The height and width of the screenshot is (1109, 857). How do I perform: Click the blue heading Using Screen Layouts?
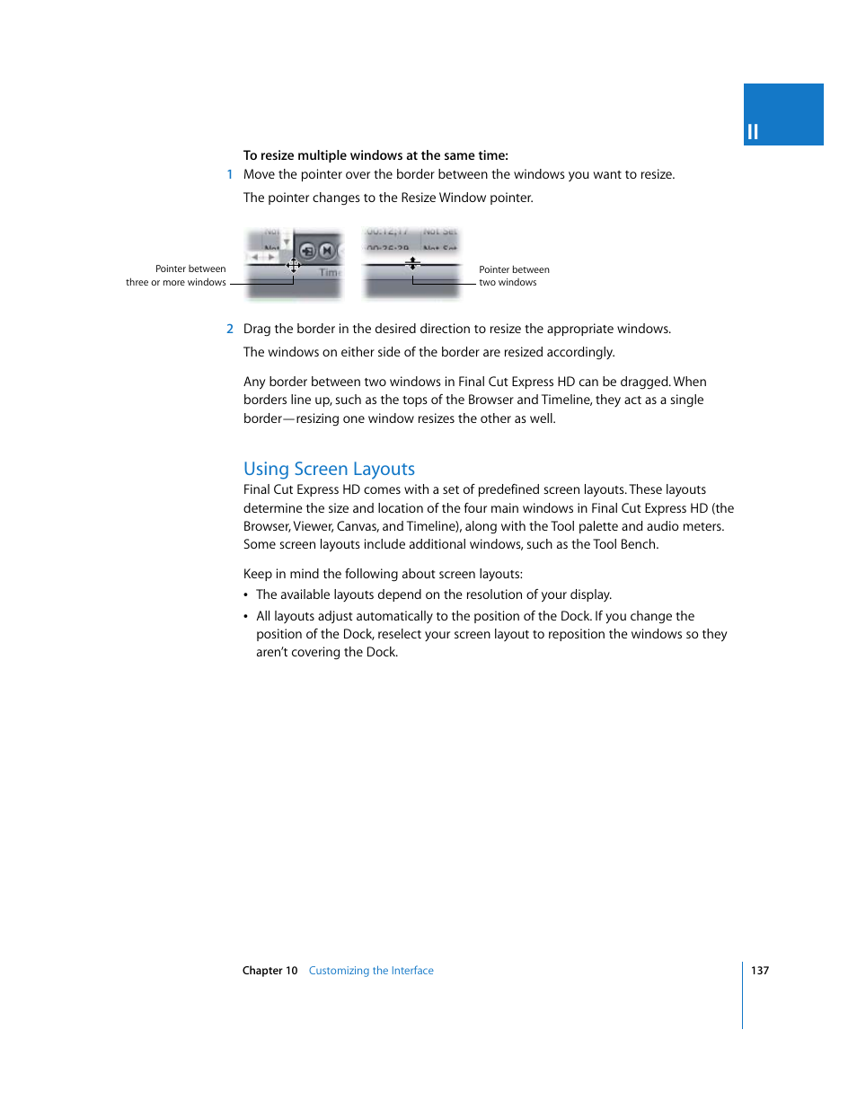329,469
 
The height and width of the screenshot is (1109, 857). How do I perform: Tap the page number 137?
759,971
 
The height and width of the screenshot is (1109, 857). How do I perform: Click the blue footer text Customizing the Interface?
370,971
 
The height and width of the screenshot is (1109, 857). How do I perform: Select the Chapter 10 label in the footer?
269,971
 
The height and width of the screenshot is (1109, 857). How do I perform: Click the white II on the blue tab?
753,132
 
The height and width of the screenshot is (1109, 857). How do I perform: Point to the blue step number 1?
230,175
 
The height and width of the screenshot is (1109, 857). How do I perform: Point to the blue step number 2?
230,330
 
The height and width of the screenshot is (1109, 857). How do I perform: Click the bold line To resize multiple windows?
375,155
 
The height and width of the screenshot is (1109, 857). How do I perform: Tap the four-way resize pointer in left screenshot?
293,265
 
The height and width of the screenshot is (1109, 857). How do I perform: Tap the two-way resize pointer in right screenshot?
412,264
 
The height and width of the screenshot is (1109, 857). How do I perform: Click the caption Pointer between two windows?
513,276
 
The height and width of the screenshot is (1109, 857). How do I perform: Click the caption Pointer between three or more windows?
177,276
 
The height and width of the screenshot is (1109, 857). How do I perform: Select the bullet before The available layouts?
246,595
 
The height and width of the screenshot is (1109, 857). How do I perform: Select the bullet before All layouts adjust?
246,617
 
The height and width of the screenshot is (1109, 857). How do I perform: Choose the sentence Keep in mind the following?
383,575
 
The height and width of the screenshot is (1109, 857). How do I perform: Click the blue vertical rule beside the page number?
743,995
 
